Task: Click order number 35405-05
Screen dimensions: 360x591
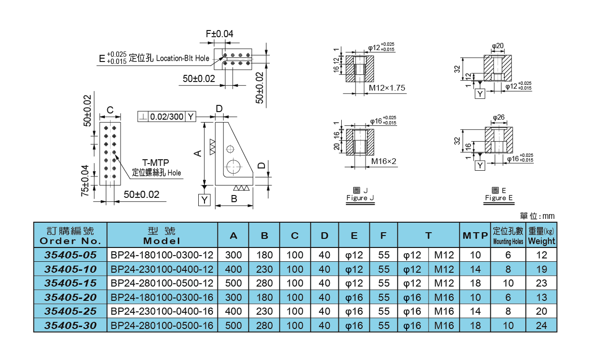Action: click(70, 255)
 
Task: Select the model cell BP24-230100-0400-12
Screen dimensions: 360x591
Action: click(162, 269)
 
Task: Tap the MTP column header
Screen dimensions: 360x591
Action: click(475, 236)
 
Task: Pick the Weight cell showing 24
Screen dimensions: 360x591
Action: click(541, 326)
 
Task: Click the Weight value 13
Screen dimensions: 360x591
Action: click(541, 297)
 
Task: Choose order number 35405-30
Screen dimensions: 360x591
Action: click(70, 326)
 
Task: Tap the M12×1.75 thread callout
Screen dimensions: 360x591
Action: click(387, 88)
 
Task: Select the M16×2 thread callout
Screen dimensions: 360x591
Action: click(384, 161)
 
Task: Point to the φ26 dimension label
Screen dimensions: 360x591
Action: click(499, 117)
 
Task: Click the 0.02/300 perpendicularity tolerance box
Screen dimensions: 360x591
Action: click(166, 116)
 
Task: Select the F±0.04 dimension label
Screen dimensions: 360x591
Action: click(219, 34)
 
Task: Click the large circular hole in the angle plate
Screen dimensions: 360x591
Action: click(234, 166)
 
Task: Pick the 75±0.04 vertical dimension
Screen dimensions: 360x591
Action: click(85, 181)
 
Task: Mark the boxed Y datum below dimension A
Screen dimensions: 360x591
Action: click(204, 200)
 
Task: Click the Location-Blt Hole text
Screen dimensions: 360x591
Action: click(183, 58)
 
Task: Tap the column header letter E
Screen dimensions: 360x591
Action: click(354, 236)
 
